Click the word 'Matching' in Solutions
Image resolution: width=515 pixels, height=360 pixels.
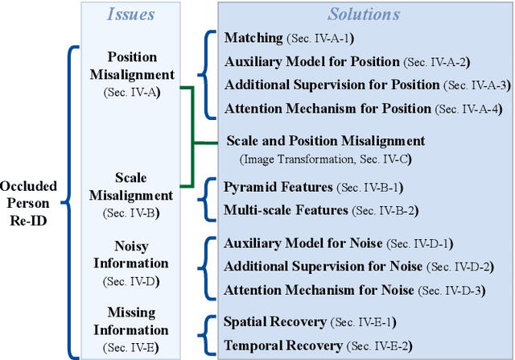pyautogui.click(x=253, y=38)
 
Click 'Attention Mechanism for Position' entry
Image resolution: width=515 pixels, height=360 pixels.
pyautogui.click(x=318, y=108)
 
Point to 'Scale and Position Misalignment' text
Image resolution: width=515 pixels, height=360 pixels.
pyautogui.click(x=325, y=141)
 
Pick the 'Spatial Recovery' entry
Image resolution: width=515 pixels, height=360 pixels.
pyautogui.click(x=275, y=321)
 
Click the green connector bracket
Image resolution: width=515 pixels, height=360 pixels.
pyautogui.click(x=193, y=143)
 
